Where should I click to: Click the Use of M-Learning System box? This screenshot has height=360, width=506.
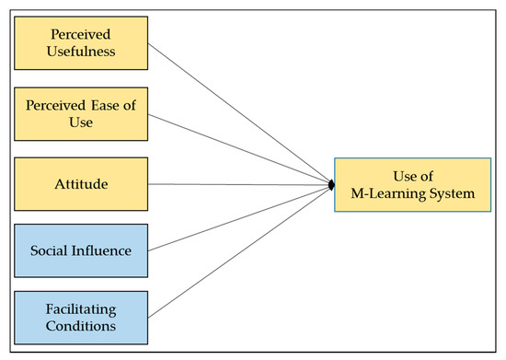407,185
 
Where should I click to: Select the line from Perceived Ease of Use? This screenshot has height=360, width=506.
239,151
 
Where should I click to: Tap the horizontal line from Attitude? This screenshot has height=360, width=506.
239,185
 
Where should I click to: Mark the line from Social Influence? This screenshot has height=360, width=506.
239,218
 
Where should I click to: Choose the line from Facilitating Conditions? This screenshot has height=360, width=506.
239,252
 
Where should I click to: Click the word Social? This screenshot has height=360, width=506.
52,250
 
